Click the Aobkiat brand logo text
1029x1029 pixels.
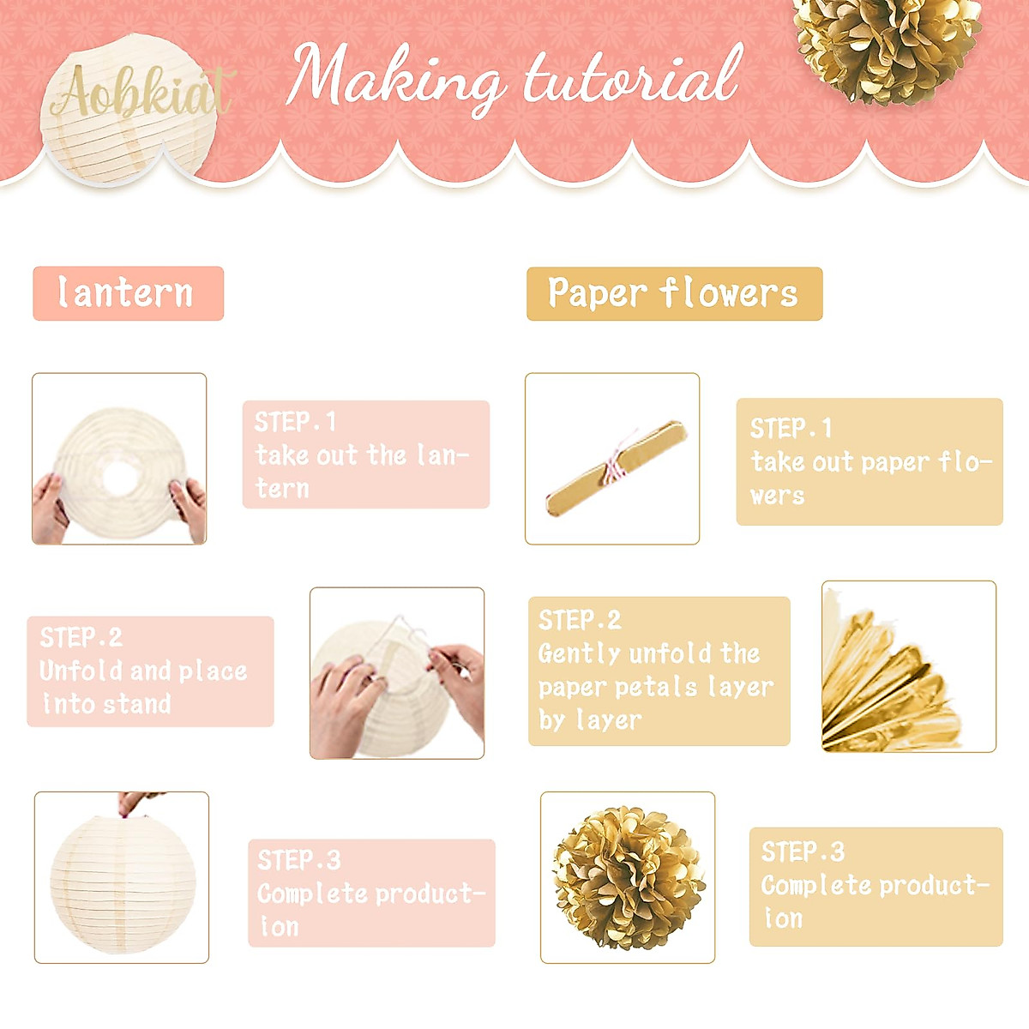(141, 92)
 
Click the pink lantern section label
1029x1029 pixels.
(128, 293)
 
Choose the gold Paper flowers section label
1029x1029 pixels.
(674, 293)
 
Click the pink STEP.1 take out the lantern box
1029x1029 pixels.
(366, 454)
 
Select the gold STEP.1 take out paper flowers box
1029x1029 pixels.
(869, 461)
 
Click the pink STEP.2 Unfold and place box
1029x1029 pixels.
(150, 671)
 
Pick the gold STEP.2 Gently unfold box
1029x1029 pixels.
(659, 671)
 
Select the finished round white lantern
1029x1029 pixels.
(123, 883)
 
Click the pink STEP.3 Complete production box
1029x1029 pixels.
(371, 893)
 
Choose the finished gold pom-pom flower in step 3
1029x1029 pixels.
(628, 878)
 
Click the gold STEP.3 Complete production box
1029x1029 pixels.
(876, 887)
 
